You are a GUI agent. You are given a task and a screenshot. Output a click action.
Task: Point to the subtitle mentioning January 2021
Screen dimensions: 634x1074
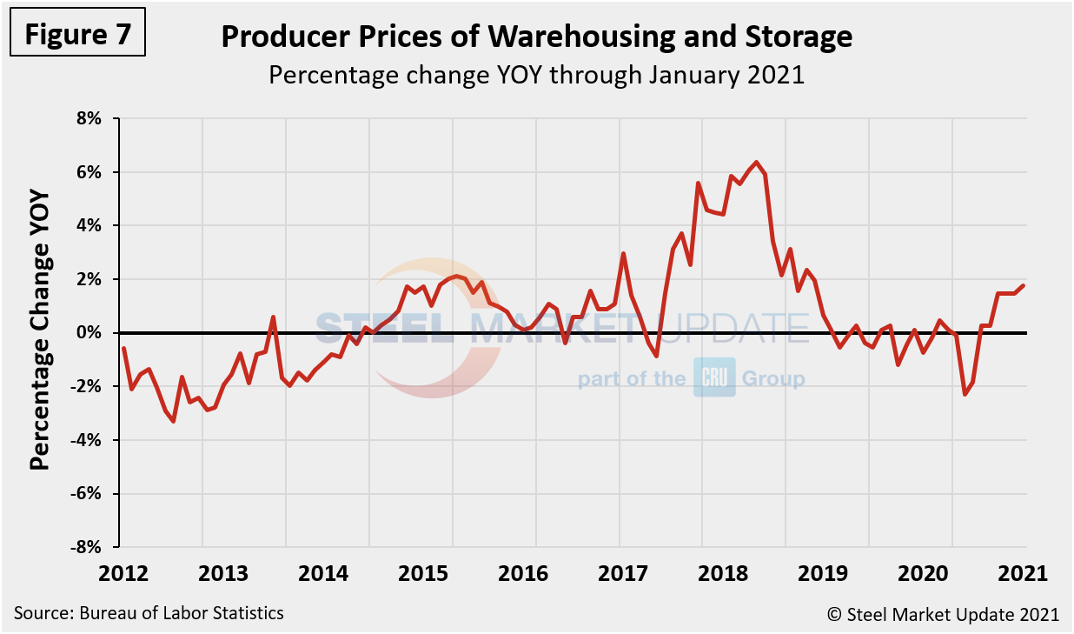tap(536, 75)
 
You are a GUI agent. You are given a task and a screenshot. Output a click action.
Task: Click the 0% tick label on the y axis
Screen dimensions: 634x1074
tap(90, 333)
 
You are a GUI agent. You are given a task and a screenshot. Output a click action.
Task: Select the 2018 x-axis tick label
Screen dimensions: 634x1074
tap(702, 573)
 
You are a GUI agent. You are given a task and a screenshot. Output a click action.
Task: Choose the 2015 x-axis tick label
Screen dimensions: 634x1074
tap(452, 573)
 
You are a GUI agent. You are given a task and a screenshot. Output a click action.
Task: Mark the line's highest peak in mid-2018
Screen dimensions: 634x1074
tap(757, 163)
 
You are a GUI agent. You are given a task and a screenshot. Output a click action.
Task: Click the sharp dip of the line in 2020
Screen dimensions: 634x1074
tap(965, 394)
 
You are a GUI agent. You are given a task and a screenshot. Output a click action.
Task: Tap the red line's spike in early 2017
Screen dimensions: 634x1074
tap(624, 254)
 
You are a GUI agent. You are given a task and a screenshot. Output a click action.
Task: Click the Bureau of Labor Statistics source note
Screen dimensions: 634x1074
tap(149, 613)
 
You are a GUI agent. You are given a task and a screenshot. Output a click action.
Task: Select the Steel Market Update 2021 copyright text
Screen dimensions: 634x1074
tap(943, 614)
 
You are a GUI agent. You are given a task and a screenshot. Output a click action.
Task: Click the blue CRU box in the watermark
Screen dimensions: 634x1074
tap(714, 378)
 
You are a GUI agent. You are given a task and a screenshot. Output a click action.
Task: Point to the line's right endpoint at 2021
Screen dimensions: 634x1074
tap(1024, 285)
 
